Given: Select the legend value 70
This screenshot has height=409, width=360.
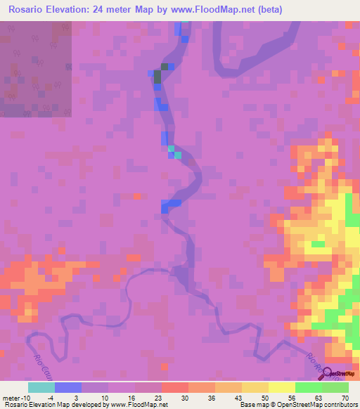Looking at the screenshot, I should point(344,398).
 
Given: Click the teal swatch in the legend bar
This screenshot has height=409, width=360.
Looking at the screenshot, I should point(41,387).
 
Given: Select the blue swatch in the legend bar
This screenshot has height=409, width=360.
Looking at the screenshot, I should point(67,387).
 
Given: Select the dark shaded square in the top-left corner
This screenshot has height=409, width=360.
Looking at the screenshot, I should point(35,68).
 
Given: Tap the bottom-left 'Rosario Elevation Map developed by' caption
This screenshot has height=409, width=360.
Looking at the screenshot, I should point(56,405).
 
